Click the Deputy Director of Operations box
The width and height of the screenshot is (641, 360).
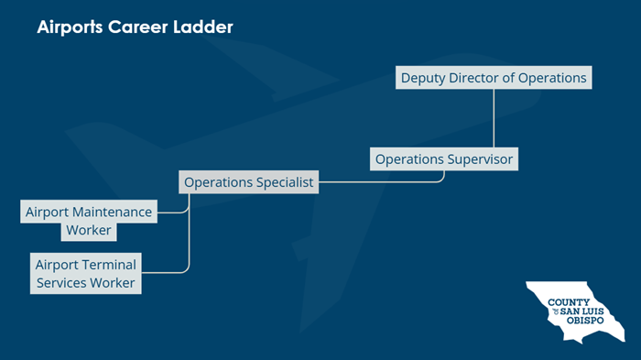(494, 78)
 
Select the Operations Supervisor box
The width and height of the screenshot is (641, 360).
(445, 159)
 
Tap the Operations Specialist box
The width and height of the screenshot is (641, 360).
(249, 182)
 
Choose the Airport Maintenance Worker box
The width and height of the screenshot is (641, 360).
(89, 221)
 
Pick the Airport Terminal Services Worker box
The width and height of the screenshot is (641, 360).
(85, 274)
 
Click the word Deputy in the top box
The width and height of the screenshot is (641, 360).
(422, 78)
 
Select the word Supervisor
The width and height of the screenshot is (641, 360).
(480, 159)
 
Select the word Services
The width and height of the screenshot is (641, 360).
(61, 283)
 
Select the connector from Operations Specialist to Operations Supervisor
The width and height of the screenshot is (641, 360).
(385, 181)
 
